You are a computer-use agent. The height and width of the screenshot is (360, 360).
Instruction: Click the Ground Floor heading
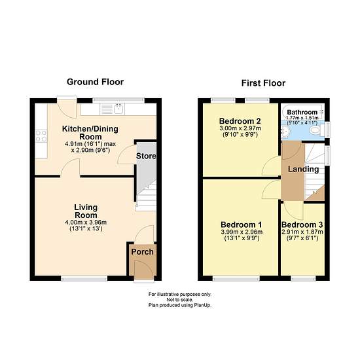click(95, 82)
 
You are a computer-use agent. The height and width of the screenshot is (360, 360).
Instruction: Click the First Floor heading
click(263, 83)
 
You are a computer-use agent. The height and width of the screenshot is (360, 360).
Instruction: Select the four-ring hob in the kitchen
click(41, 136)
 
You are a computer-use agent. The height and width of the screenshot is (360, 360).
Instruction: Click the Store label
click(146, 156)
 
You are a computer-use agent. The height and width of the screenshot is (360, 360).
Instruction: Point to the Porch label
click(142, 252)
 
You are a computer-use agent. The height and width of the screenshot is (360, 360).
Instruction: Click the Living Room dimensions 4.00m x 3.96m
click(86, 223)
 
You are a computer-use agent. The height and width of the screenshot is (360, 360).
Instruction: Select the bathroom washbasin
click(286, 132)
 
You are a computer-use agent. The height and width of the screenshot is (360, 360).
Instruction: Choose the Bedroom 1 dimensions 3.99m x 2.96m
click(242, 232)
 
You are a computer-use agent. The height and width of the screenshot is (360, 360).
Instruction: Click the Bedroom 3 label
click(302, 225)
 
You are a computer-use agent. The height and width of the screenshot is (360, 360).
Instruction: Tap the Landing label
click(303, 170)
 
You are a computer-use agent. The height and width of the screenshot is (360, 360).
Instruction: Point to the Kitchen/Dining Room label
click(90, 133)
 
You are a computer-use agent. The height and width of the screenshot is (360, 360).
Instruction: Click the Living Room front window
click(84, 279)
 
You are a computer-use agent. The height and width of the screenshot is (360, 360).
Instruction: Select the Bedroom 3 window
click(303, 279)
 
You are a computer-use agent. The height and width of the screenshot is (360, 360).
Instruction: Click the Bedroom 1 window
click(236, 279)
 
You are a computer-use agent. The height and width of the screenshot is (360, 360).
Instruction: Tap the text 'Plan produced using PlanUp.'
click(180, 306)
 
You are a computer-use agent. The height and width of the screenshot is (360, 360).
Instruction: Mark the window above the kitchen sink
click(118, 100)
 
